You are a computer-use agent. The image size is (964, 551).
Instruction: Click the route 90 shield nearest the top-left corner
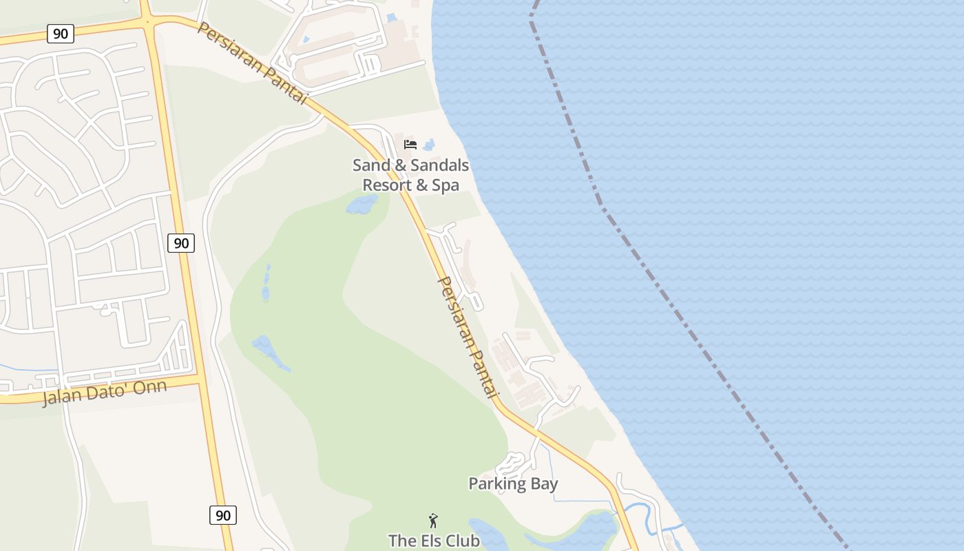(61, 33)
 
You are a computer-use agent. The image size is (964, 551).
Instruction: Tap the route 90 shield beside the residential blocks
(180, 242)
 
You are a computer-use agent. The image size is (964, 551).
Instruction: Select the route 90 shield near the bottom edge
(222, 514)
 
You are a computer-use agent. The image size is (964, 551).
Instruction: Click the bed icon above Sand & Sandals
(410, 145)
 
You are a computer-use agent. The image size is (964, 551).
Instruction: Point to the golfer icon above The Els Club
(433, 521)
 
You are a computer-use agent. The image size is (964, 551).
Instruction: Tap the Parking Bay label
(513, 484)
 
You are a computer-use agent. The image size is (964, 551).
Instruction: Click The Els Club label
(434, 541)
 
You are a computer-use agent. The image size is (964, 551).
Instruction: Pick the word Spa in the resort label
(446, 185)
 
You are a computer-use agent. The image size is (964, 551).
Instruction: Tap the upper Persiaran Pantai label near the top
(251, 63)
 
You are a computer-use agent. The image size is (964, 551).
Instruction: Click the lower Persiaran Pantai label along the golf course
(467, 337)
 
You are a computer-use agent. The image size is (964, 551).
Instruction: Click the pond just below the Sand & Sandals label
(361, 204)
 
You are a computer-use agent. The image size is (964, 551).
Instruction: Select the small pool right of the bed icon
(429, 145)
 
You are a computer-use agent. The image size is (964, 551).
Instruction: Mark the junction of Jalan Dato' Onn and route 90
(200, 377)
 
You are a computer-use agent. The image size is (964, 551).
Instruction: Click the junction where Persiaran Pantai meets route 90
(148, 23)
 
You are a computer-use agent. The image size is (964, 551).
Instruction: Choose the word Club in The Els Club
(461, 541)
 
